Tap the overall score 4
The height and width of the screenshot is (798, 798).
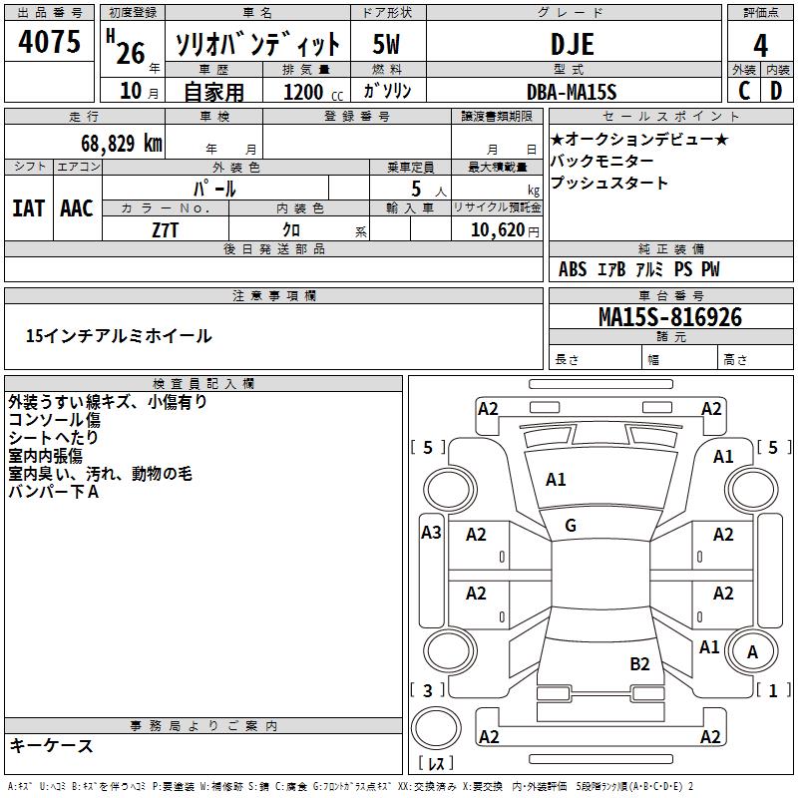[x=761, y=45]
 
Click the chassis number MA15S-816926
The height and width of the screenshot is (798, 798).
[x=669, y=317]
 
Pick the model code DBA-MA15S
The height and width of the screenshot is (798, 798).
[x=572, y=92]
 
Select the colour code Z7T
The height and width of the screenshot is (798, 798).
[x=166, y=229]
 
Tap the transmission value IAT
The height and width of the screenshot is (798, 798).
[x=28, y=208]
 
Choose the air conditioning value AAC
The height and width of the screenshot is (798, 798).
[x=77, y=208]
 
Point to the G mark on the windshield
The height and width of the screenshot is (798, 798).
[x=570, y=526]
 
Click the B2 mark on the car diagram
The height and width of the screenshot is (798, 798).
[x=639, y=663]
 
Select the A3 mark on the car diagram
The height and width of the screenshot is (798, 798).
[x=431, y=533]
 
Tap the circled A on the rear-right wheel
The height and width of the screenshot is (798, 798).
[x=753, y=652]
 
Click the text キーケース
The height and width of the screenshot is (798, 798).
[x=51, y=745]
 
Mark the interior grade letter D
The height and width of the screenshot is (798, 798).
[x=776, y=91]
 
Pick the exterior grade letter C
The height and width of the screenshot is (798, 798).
[x=744, y=91]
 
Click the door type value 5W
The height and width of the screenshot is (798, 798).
[x=386, y=44]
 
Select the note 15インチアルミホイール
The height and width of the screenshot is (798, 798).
[x=119, y=336]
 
